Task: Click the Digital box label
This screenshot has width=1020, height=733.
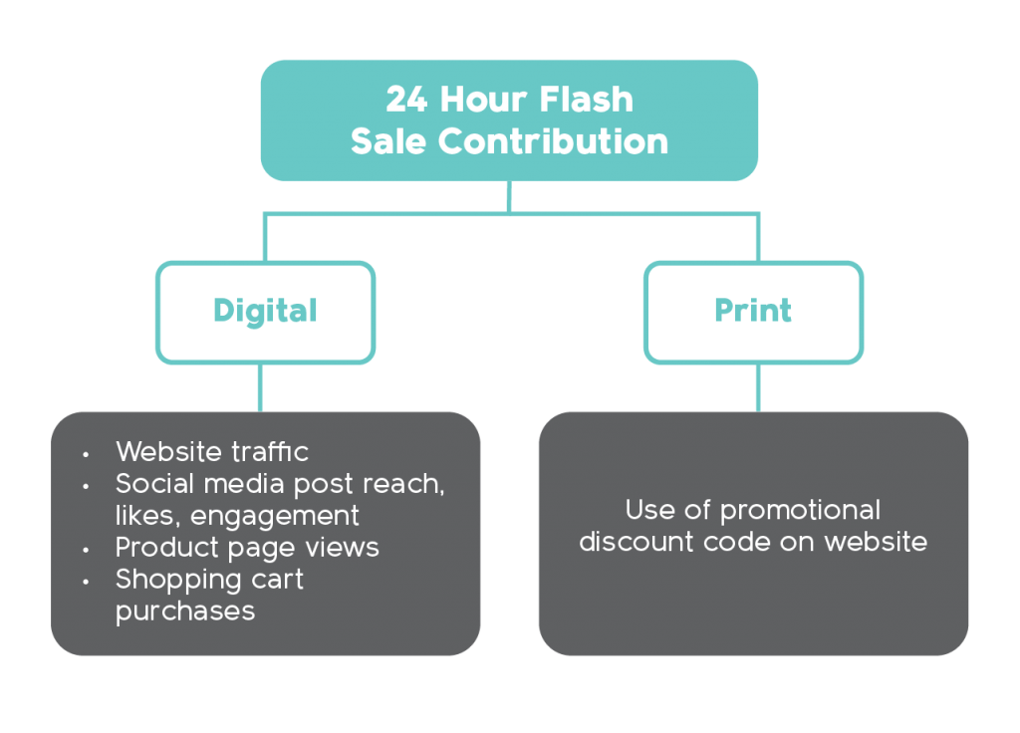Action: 265,311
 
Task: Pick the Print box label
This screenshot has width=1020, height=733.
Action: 753,311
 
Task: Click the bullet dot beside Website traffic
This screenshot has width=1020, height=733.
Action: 86,454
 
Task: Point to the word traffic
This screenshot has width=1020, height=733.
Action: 270,451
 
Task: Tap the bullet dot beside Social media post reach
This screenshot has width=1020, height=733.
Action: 86,486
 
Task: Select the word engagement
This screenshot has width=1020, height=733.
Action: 275,517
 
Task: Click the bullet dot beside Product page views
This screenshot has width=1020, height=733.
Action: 86,550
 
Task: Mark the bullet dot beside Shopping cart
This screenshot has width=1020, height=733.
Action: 86,582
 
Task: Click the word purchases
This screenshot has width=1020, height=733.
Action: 185,611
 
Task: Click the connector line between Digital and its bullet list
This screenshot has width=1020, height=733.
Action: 261,387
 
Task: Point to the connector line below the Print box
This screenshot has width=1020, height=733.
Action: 757,387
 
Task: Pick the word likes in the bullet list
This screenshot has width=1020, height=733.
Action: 146,516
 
